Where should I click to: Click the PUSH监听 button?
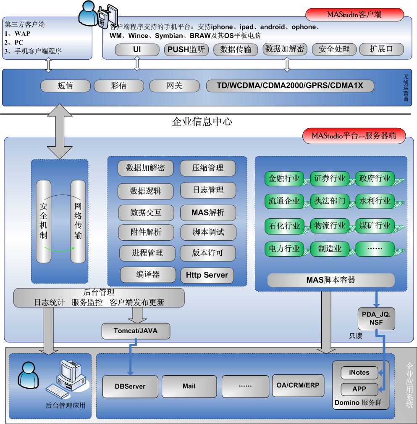click(186, 50)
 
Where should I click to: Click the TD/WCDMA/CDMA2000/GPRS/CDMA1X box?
click(290, 86)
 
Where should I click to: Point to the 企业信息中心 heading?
click(202, 122)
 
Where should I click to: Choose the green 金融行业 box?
click(285, 178)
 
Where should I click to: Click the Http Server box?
click(207, 275)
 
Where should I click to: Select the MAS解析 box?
click(208, 212)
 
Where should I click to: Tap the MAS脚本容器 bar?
click(331, 280)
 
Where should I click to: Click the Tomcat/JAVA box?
click(136, 331)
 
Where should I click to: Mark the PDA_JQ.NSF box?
click(376, 318)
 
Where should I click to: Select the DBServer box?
click(130, 386)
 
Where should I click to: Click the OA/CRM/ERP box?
click(298, 385)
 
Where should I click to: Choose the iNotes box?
click(359, 372)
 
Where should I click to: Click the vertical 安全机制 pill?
click(43, 221)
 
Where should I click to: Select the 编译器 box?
click(148, 274)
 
